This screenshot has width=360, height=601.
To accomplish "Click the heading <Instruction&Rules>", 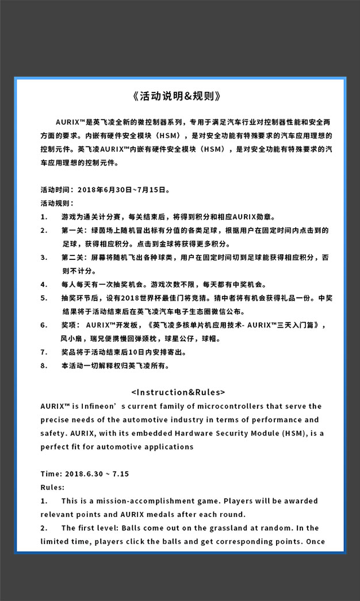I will [x=178, y=392].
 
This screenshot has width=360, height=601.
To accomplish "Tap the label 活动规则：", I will [x=57, y=203].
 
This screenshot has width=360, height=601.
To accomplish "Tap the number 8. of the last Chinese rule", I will [x=44, y=366].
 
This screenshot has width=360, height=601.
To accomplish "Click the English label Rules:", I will [x=52, y=487].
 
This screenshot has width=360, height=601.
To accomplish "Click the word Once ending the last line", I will [x=316, y=541].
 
